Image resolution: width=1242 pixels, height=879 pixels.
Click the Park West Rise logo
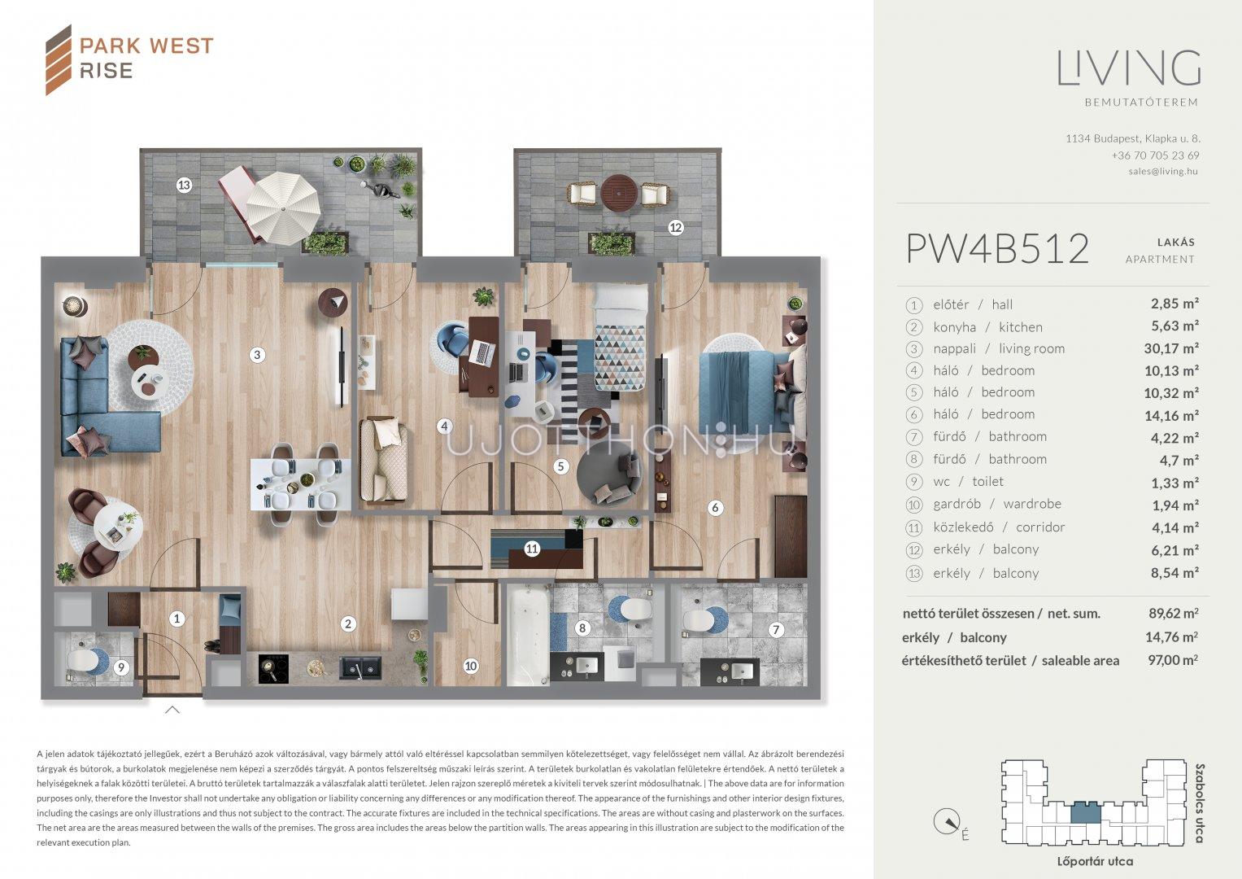129,59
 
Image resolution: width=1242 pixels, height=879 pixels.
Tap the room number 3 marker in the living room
257,355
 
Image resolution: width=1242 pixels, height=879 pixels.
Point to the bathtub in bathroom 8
529,636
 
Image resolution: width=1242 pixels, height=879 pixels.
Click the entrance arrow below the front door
172,709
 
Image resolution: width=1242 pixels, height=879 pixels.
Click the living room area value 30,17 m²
1171,348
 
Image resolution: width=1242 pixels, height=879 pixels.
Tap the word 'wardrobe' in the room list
1032,503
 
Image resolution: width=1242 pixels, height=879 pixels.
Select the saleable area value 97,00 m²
1173,660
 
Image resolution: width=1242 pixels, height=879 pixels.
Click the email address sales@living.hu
1163,172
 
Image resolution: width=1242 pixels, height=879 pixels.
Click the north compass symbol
947,821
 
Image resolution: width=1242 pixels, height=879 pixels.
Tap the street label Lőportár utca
1095,861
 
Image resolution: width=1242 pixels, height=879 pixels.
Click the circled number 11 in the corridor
532,549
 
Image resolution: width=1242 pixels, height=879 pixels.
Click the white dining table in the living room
300,484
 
